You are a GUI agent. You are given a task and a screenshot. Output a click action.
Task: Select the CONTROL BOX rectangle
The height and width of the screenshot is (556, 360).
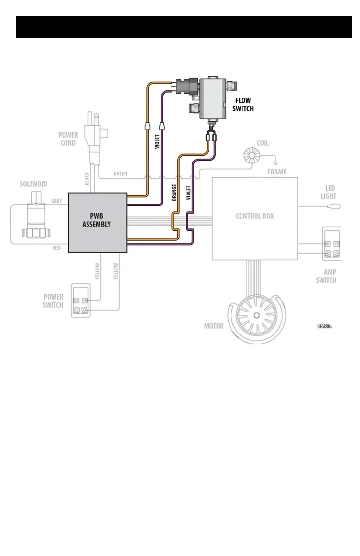255,218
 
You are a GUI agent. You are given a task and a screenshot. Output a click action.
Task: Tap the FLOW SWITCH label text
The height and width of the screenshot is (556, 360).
243,104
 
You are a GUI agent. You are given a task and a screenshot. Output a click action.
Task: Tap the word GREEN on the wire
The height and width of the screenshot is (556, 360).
120,174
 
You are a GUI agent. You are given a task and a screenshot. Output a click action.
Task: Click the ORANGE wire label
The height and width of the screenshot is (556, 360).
174,193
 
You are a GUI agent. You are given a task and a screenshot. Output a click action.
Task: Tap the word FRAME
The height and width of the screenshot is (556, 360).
276,172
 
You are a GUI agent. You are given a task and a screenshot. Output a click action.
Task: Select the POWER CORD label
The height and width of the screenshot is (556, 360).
68,139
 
